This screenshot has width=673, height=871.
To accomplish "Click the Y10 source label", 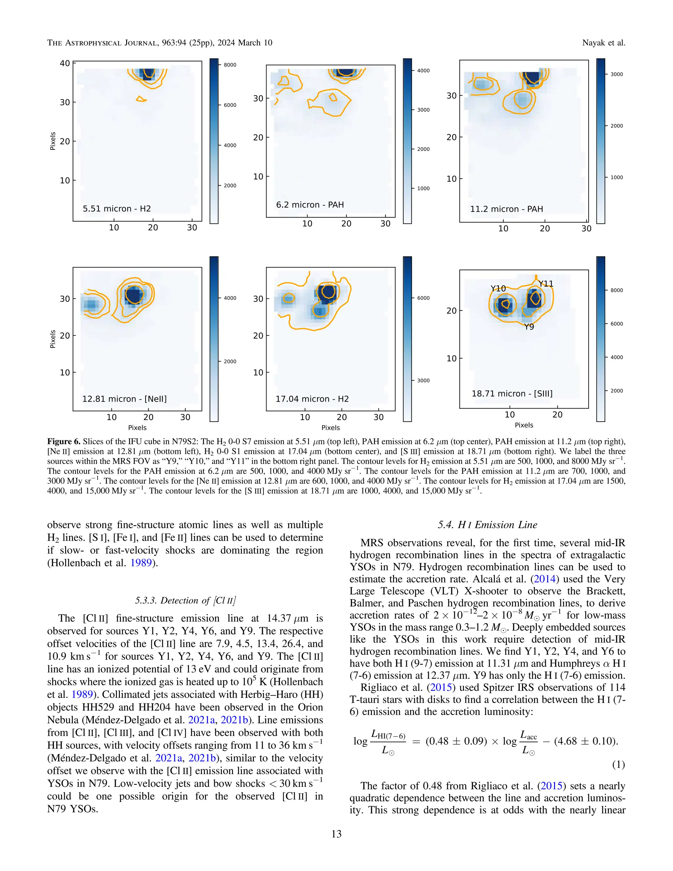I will [498, 288].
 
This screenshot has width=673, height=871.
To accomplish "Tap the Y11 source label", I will [545, 284].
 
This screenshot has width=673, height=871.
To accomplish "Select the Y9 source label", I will [529, 327].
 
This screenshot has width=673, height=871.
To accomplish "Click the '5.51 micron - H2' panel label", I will [116, 209].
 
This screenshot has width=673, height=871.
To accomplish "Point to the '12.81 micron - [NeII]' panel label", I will [125, 399].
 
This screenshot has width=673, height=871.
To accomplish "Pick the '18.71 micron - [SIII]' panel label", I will [512, 394].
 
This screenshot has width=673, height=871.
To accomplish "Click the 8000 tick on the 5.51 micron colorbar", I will [230, 65].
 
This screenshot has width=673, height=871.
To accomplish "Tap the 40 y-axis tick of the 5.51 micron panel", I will [65, 63].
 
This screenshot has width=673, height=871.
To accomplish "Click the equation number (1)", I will [618, 765].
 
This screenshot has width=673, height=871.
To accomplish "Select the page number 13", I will [336, 834].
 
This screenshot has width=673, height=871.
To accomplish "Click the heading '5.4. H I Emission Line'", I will [487, 525].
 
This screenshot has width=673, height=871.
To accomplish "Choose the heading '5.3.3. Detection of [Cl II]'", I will [185, 600].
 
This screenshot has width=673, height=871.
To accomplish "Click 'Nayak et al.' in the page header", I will [603, 43].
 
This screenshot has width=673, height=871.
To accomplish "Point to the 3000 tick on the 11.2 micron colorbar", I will [616, 74].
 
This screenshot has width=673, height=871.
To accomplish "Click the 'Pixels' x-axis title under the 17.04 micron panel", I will [331, 428].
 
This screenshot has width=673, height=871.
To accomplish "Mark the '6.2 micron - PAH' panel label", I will [310, 204].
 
